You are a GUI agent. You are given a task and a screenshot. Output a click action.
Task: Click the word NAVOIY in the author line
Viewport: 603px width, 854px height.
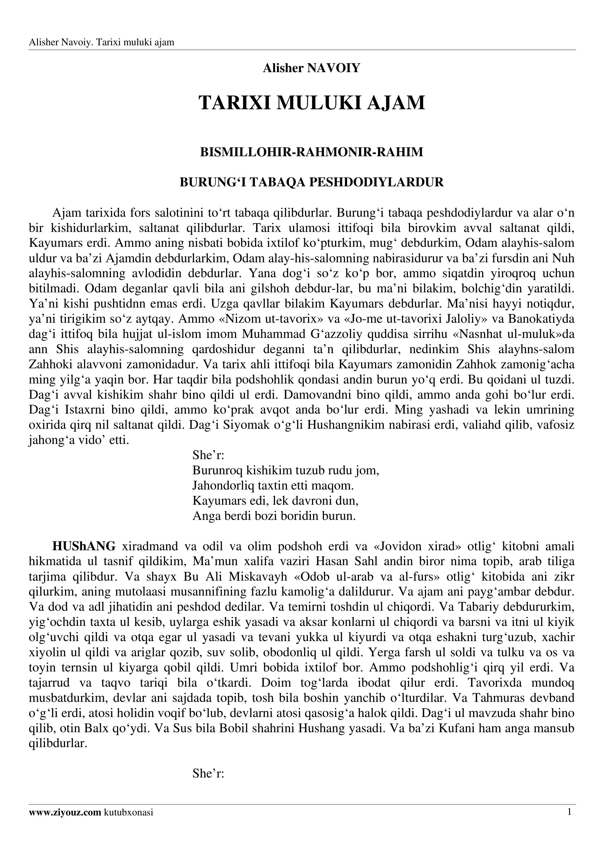pos(334,68)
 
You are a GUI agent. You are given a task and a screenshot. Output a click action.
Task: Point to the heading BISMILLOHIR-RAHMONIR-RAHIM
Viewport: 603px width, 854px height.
pos(311,152)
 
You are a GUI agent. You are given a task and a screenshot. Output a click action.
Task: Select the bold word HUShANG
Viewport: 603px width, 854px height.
pos(84,546)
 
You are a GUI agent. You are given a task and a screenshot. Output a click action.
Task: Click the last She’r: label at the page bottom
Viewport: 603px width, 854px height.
pos(208,774)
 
